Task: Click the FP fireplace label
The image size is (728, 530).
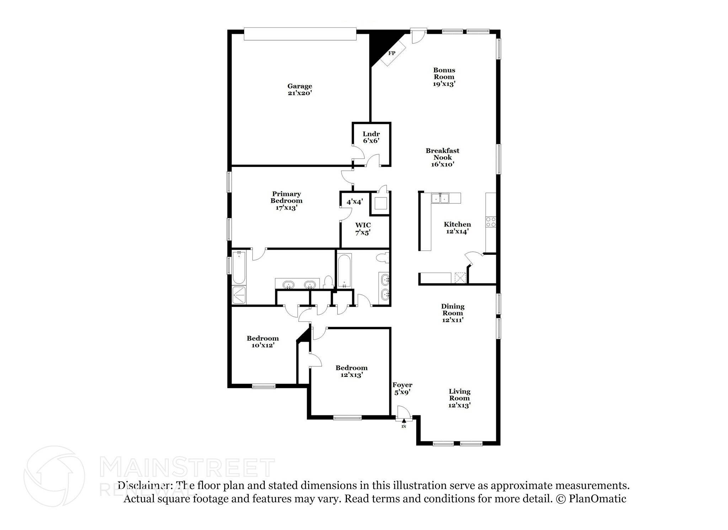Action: pyautogui.click(x=391, y=53)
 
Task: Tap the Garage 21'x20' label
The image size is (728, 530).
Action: pyautogui.click(x=300, y=89)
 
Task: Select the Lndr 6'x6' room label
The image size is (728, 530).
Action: pyautogui.click(x=371, y=137)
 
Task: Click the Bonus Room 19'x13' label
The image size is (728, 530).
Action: pyautogui.click(x=444, y=77)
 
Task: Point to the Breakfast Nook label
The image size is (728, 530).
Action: pyautogui.click(x=443, y=157)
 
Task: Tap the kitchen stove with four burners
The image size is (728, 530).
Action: pyautogui.click(x=491, y=222)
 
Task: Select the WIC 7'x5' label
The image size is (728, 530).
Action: pyautogui.click(x=363, y=229)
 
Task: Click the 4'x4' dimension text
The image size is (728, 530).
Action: pyautogui.click(x=355, y=202)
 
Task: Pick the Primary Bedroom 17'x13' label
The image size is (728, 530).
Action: pyautogui.click(x=287, y=201)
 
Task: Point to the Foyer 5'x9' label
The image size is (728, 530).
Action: pyautogui.click(x=402, y=388)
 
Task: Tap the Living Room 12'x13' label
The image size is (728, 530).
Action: pyautogui.click(x=460, y=398)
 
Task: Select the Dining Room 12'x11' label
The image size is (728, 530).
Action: pyautogui.click(x=453, y=313)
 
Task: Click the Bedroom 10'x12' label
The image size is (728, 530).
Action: pyautogui.click(x=263, y=341)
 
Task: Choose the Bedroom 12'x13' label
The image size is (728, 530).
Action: pyautogui.click(x=351, y=371)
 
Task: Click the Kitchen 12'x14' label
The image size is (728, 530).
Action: pyautogui.click(x=457, y=227)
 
